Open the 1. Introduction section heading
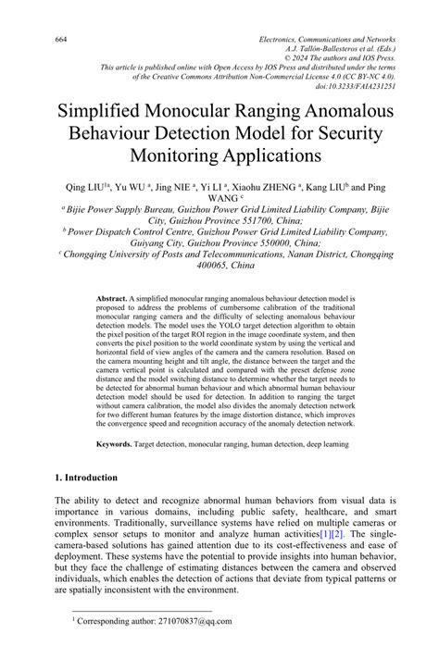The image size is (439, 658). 85,478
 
